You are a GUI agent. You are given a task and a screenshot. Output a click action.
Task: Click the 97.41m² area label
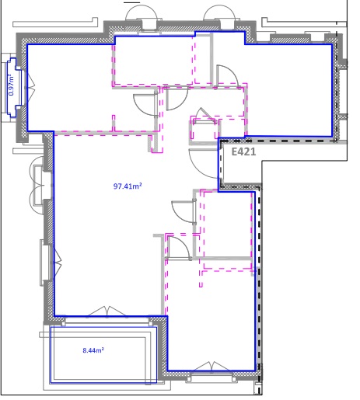coord(128,186)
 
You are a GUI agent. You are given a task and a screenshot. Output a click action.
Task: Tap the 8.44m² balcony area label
coord(93,350)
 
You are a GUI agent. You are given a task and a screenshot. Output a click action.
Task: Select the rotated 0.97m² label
coord(11,85)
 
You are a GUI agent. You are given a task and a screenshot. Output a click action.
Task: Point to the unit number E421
coord(243,151)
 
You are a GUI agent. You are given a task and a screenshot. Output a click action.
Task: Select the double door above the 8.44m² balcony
coord(107,311)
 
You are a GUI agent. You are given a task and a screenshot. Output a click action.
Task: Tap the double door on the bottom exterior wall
coord(211,367)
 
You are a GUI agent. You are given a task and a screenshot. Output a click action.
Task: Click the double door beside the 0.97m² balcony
coord(30,88)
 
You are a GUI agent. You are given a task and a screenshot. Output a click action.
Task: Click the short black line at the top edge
coord(132,2)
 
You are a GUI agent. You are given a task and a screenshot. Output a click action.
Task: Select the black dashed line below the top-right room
coord(278,141)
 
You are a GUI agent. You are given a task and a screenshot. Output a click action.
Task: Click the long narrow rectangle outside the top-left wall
coord(55,24)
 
